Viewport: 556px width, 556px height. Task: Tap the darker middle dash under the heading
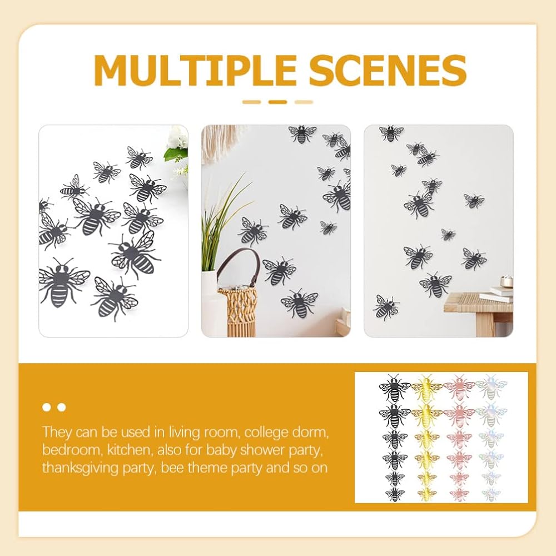coord(277,102)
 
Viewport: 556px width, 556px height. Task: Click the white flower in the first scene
coord(178,138)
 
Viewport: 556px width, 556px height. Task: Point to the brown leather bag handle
coord(237,264)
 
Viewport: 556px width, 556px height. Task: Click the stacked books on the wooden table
coord(498,294)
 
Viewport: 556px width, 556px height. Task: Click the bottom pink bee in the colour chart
coord(459,494)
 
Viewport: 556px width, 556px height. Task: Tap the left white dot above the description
coord(47,407)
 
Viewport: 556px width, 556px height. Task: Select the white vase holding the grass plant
coord(209,294)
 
